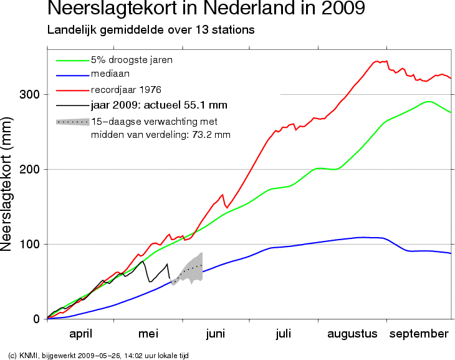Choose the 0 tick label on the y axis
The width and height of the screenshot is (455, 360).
[x=36, y=319]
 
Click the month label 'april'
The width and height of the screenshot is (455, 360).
[x=81, y=334]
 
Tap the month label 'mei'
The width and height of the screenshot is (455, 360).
[x=148, y=334]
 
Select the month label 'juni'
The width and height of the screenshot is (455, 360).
[x=215, y=334]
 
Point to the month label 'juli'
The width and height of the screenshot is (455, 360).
[x=283, y=334]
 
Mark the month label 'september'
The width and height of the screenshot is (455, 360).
[x=419, y=334]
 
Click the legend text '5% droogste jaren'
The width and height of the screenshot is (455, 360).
[x=132, y=60]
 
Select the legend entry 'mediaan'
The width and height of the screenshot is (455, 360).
[x=111, y=74]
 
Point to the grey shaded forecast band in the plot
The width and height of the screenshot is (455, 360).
[x=190, y=269]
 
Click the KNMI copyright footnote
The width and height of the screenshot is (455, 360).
[x=98, y=355]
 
